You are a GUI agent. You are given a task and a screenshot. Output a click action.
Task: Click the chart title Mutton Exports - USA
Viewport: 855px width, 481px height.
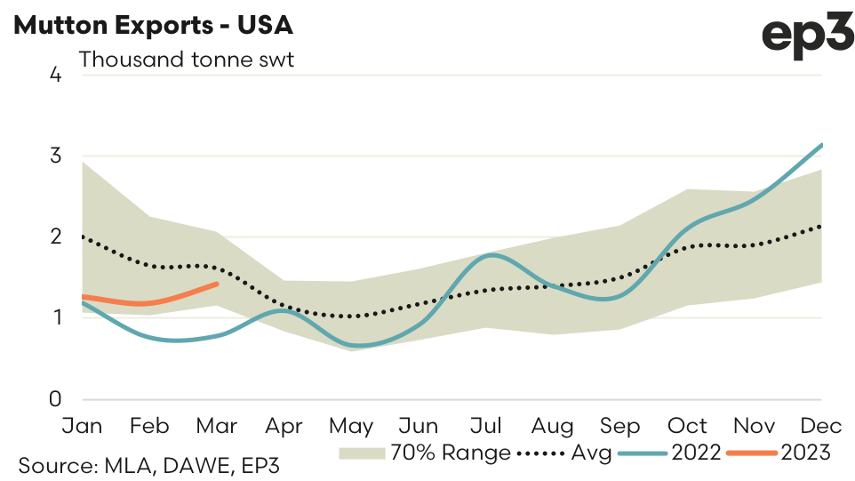[154, 26]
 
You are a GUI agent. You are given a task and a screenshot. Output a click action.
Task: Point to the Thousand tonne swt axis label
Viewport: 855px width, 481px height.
[186, 60]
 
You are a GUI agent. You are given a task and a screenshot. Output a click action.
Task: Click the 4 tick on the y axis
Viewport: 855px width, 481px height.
[55, 75]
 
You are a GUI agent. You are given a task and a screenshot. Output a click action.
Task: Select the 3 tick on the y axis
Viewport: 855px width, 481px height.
[55, 156]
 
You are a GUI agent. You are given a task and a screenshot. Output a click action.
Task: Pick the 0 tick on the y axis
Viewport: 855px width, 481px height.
[55, 398]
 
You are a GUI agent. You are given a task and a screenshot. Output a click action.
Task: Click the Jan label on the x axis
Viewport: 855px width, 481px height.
[82, 426]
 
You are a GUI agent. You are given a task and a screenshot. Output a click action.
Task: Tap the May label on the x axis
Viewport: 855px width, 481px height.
[353, 426]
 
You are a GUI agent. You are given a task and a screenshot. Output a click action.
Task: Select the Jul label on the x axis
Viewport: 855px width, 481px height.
[487, 426]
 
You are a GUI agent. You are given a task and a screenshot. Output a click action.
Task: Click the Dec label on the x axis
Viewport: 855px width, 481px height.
[823, 426]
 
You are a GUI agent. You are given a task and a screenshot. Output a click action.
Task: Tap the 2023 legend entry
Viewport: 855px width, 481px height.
[779, 453]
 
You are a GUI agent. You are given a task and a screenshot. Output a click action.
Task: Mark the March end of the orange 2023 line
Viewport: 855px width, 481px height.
[218, 284]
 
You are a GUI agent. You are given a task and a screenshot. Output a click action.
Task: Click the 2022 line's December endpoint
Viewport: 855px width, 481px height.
[822, 144]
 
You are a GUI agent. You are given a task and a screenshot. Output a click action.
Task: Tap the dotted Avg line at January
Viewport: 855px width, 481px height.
[83, 236]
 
